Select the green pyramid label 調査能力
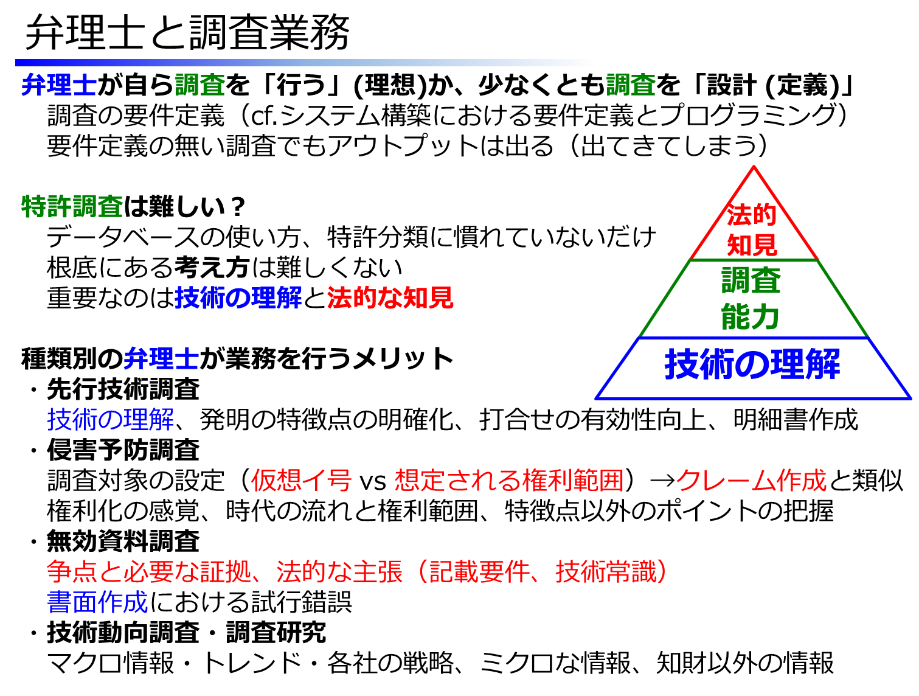click(x=751, y=298)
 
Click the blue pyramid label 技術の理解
click(x=752, y=364)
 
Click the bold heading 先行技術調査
click(x=123, y=389)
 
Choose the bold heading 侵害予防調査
click(x=123, y=450)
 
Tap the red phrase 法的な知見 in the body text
click(x=390, y=298)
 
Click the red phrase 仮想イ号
click(x=300, y=480)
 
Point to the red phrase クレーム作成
click(x=751, y=480)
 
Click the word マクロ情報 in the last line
click(x=110, y=663)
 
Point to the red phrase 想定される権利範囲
click(x=508, y=480)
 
